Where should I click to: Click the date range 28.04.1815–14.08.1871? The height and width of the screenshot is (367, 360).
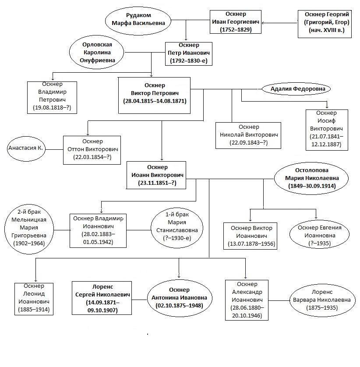[x=155, y=101]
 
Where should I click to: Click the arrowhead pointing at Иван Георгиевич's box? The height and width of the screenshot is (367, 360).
[x=263, y=23]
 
